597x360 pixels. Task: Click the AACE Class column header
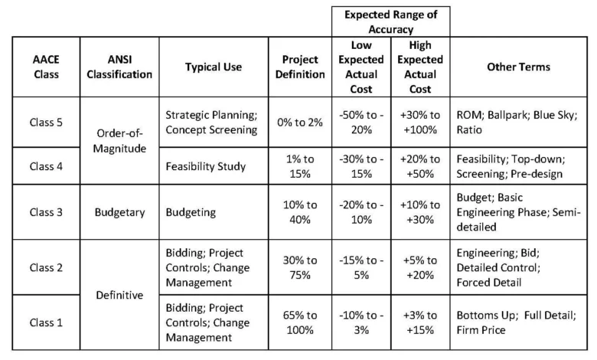coord(46,67)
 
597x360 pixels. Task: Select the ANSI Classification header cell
coord(119,67)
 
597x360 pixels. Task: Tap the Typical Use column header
coord(214,67)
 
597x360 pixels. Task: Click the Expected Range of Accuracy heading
coord(390,21)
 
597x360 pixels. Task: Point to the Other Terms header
coord(519,67)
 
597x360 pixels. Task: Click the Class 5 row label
coord(46,123)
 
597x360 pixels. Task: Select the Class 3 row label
coord(46,212)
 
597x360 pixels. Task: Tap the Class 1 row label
coord(46,322)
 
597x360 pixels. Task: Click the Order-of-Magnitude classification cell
coord(119,141)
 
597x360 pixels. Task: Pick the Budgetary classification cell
coord(119,212)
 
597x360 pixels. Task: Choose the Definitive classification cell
coord(119,295)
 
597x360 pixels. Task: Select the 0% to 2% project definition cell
coord(300,123)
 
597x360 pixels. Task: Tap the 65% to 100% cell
coord(300,322)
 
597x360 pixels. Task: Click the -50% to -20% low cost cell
coord(361,123)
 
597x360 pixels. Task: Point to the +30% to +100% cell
coord(420,123)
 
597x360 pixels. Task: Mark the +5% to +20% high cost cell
coord(420,267)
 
